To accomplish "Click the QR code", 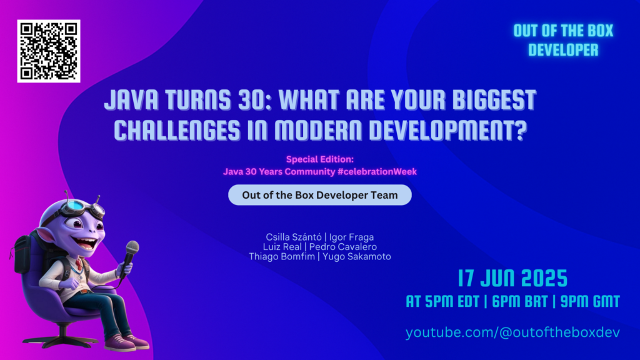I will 49,51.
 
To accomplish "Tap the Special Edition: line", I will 319,159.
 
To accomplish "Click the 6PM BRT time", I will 513,301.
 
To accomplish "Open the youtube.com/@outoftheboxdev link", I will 512,332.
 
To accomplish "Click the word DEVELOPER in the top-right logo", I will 562,50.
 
